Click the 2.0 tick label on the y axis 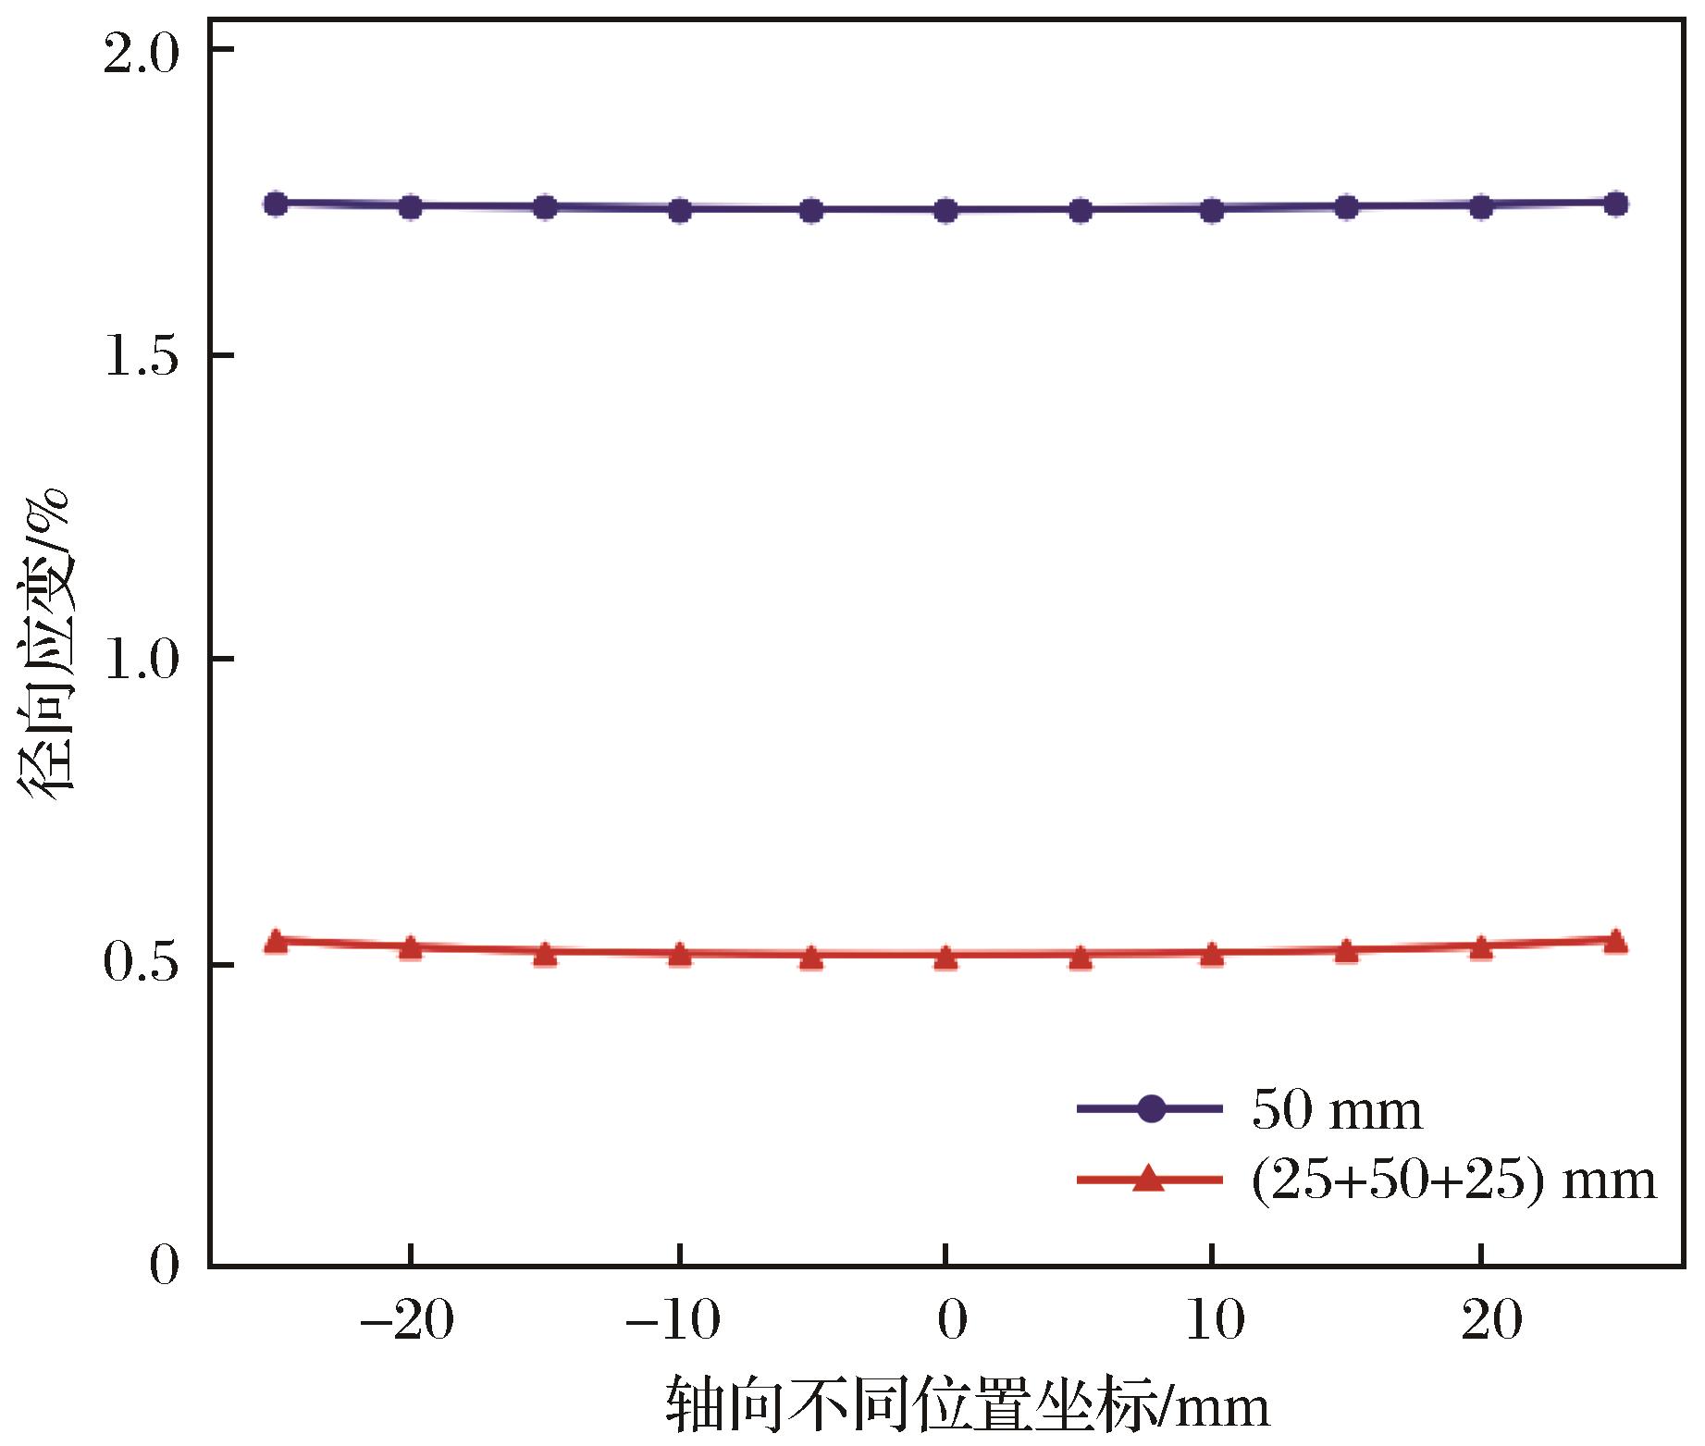coord(141,57)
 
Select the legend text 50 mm coord(1337,1111)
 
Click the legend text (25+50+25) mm coord(1452,1180)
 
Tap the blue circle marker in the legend coord(1150,1108)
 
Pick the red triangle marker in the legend coord(1150,1179)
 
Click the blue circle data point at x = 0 coord(945,211)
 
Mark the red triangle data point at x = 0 coord(945,958)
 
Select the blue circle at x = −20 coord(411,207)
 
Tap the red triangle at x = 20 coord(1481,948)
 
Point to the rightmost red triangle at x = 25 coord(1615,942)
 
